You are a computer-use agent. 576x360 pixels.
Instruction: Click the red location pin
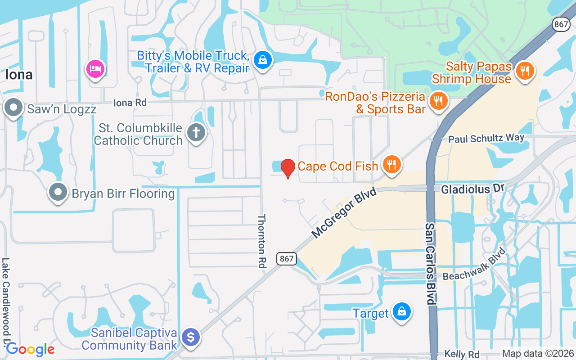pos(288,168)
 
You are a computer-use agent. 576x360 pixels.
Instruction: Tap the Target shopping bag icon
pos(401,311)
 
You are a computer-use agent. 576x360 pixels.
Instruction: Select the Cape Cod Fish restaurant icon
pos(391,165)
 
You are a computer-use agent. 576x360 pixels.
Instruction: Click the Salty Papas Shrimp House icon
pos(524,71)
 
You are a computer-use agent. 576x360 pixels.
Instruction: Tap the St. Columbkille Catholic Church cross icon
pos(197,133)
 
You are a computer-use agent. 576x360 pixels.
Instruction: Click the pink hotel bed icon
pos(95,69)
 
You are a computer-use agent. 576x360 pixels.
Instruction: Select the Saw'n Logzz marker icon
pos(13,108)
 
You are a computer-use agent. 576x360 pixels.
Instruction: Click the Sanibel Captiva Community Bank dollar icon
pos(191,337)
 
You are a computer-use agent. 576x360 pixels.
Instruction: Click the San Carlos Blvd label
pos(431,263)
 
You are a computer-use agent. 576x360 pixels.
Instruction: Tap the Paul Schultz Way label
pos(486,139)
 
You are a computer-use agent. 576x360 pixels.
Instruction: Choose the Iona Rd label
pos(130,103)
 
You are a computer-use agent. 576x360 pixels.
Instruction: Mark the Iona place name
pos(19,75)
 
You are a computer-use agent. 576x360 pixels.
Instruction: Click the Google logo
pos(30,349)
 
